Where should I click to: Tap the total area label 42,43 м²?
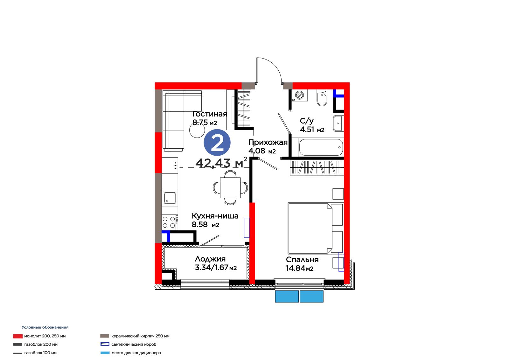221,162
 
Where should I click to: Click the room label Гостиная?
210,114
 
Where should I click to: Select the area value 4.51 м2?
312,130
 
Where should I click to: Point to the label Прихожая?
268,142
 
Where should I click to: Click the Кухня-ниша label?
215,215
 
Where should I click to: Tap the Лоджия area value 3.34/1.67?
212,267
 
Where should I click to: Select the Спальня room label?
302,259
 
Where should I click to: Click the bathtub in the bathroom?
321,147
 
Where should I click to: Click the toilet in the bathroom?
322,98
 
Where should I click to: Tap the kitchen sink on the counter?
170,198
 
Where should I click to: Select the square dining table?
230,187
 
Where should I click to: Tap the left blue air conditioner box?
287,296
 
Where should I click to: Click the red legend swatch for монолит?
18,336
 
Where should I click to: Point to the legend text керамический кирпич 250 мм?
140,336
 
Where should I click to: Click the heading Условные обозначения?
45,327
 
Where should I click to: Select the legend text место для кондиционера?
136,353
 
